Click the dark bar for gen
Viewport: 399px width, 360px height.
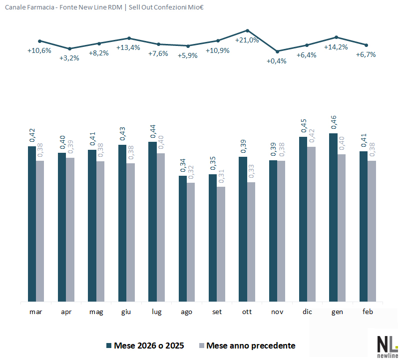point(334,217)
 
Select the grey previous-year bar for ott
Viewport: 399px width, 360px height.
point(251,242)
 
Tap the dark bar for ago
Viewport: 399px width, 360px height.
point(183,239)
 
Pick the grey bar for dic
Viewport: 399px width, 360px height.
point(311,224)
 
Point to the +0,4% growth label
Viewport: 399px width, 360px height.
point(277,61)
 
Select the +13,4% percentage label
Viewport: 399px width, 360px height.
point(128,47)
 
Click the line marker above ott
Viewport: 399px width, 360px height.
point(247,30)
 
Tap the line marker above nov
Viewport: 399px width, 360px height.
point(277,51)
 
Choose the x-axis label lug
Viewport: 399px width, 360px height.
point(156,312)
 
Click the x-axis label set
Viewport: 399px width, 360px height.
point(217,312)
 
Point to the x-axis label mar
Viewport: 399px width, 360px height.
point(36,312)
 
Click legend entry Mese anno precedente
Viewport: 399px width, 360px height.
point(250,346)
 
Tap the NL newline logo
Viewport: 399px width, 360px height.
point(387,345)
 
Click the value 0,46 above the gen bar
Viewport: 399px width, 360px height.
point(334,123)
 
